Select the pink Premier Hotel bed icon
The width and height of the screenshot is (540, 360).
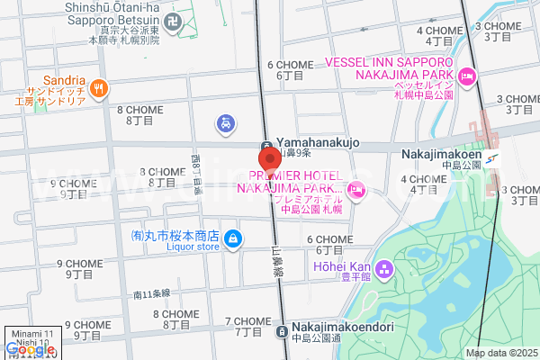357,188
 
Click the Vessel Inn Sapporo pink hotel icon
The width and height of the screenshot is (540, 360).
466,77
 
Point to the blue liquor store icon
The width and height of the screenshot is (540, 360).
233,238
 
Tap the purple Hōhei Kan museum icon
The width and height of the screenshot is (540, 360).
384,267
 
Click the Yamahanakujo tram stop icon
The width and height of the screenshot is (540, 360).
267,147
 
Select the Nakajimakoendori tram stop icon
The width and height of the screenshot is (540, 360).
282,329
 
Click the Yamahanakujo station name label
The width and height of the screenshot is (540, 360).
317,142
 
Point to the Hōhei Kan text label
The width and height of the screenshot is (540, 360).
341,266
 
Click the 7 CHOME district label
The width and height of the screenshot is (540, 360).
247,321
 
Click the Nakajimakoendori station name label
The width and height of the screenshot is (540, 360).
342,327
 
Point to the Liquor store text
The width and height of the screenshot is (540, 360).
170,247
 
